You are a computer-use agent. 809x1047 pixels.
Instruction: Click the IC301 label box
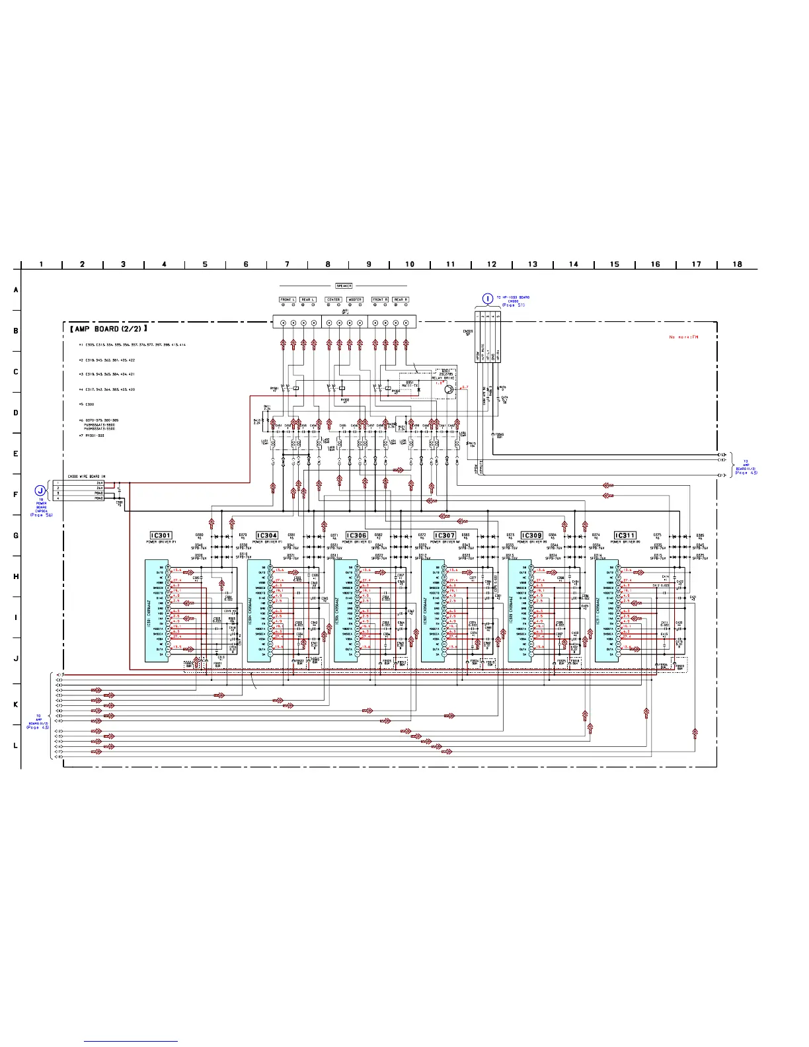coord(161,535)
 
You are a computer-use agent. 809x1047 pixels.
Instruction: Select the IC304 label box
coord(267,535)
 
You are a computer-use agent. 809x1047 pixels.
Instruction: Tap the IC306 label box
coord(356,535)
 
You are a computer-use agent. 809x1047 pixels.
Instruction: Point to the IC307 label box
coord(445,535)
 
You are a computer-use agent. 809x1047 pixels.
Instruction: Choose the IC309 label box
coord(531,535)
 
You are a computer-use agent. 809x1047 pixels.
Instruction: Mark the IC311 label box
coord(625,535)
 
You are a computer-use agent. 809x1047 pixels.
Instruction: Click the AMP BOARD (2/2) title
coord(109,329)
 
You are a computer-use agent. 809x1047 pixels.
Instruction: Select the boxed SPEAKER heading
coord(344,286)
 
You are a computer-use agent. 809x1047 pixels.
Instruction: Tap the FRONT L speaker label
coord(288,299)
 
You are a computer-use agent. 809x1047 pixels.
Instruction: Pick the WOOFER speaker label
coord(355,299)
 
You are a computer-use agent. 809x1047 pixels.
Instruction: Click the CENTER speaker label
coord(333,299)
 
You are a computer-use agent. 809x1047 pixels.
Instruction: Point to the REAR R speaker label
coord(401,299)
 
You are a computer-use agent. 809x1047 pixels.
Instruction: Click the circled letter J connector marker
coord(41,490)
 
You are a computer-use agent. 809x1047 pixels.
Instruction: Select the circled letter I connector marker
coord(488,299)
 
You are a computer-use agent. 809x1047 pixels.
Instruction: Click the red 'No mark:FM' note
coord(683,337)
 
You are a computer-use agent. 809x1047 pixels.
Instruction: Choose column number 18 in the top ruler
coord(737,264)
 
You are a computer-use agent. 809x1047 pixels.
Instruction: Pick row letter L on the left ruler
coord(16,746)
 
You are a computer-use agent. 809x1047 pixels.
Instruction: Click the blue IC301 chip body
coord(155,611)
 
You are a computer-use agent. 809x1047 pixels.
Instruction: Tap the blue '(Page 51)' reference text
coord(513,305)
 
